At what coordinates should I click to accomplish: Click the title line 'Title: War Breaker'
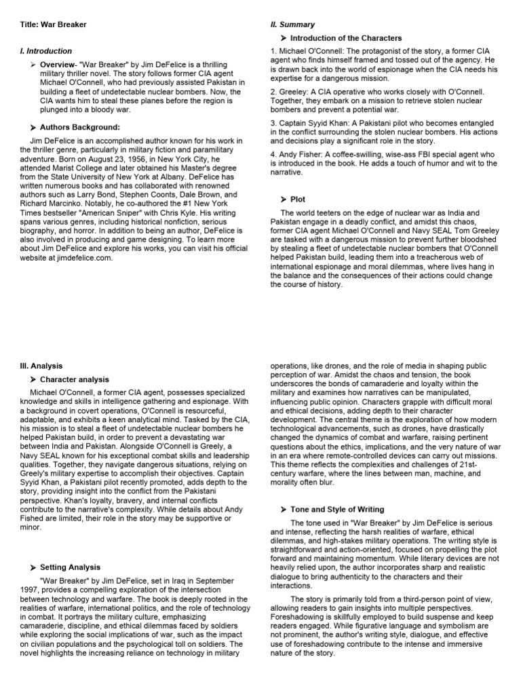[54, 25]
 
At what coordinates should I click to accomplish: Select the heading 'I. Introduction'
[46, 51]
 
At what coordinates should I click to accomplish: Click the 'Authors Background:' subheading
[80, 126]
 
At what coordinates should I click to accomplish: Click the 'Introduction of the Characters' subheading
[346, 38]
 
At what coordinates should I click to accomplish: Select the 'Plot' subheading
[298, 200]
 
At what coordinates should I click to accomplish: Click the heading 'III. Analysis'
[42, 366]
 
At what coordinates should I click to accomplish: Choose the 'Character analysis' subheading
[75, 379]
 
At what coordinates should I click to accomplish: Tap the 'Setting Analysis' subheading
[70, 567]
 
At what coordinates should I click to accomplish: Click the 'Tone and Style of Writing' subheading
[337, 509]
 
